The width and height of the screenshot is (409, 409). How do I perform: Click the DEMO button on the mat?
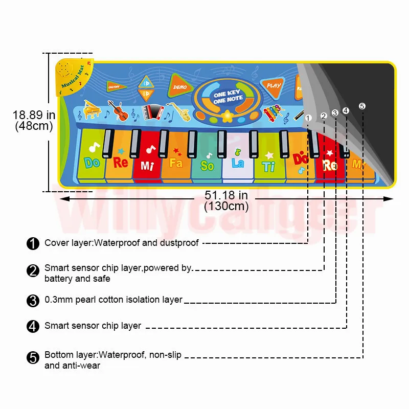click(180, 86)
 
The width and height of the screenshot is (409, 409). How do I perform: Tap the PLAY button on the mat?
click(274, 86)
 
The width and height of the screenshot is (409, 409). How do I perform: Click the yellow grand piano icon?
click(93, 110)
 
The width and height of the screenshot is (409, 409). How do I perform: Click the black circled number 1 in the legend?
click(33, 243)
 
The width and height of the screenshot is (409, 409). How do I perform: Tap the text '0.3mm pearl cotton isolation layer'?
click(113, 300)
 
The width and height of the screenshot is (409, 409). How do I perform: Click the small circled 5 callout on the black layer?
click(362, 106)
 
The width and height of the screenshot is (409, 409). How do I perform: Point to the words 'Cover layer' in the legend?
click(68, 243)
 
